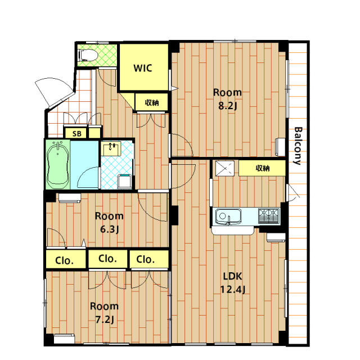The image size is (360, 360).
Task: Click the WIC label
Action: coord(143,68)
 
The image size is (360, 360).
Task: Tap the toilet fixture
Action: coord(88,55)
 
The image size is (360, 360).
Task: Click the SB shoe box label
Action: coord(76,134)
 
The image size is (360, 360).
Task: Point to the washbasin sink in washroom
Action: coord(111,148)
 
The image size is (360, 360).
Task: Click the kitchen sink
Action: coord(228,217)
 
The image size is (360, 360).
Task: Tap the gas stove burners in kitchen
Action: coord(269,216)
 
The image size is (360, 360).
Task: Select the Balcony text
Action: coord(298,146)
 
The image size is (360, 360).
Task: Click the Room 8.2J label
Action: coord(227,99)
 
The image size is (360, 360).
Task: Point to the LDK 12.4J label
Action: coord(233,282)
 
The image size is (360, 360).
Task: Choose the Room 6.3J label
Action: coord(109,223)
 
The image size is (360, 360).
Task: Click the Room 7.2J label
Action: coord(105,313)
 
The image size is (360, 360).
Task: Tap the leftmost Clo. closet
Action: coord(66,259)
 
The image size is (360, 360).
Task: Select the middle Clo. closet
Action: coord(107,258)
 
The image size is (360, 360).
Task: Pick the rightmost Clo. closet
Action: coord(149,259)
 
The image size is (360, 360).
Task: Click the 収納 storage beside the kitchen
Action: coord(262,168)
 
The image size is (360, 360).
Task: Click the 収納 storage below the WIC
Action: coord(151,102)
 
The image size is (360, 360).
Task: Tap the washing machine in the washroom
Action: coord(125,181)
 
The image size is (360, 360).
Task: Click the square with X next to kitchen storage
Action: coord(225,168)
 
